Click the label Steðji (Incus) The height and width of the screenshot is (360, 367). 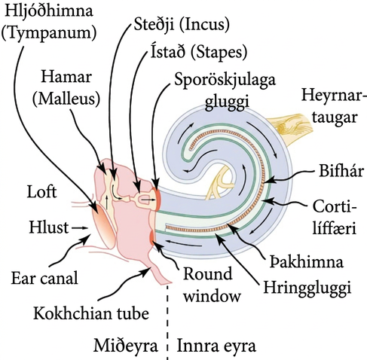click(182, 25)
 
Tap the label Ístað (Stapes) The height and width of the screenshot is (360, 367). click(199, 52)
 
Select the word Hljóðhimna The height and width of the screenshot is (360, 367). click(49, 11)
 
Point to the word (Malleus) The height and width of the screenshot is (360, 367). click(66, 99)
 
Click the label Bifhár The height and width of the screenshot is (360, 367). click(341, 171)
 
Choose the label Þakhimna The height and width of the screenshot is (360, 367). click(307, 261)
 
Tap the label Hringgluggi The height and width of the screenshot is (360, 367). click(307, 287)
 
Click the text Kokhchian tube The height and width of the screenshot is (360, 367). click(91, 313)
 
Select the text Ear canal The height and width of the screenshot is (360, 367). click(44, 279)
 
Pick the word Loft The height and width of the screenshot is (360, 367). click(41, 191)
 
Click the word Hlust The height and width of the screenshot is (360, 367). click(49, 227)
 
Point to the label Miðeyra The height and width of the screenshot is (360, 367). click(126, 346)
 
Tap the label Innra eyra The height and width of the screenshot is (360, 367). click(216, 346)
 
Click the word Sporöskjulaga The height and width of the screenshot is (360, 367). click(225, 81)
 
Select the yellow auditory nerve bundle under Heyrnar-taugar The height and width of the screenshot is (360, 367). click(292, 129)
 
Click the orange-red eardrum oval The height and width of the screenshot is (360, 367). click(103, 224)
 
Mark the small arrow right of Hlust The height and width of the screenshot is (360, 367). click(80, 228)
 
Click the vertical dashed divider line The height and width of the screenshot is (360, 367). click(167, 322)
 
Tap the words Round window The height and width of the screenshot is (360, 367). click(211, 285)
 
